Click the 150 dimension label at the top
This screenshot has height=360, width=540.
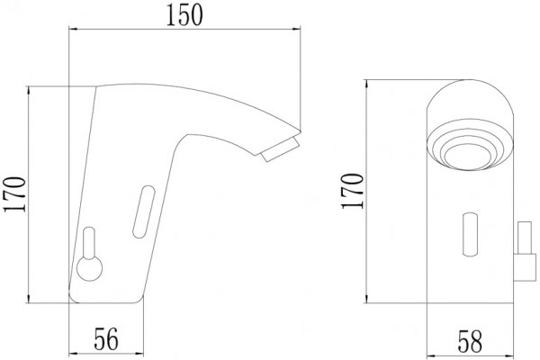tap(184, 16)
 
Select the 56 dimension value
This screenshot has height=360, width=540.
tap(106, 339)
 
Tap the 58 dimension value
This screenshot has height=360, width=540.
tap(470, 341)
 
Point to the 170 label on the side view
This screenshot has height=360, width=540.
tap(14, 194)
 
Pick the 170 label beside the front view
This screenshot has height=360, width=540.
tap(352, 191)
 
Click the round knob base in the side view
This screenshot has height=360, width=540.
tap(89, 269)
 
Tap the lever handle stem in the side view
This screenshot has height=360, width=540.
tap(89, 243)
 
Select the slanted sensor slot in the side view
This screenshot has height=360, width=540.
tap(144, 211)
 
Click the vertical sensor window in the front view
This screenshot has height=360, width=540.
tap(470, 234)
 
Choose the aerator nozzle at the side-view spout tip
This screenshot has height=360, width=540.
tap(280, 148)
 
